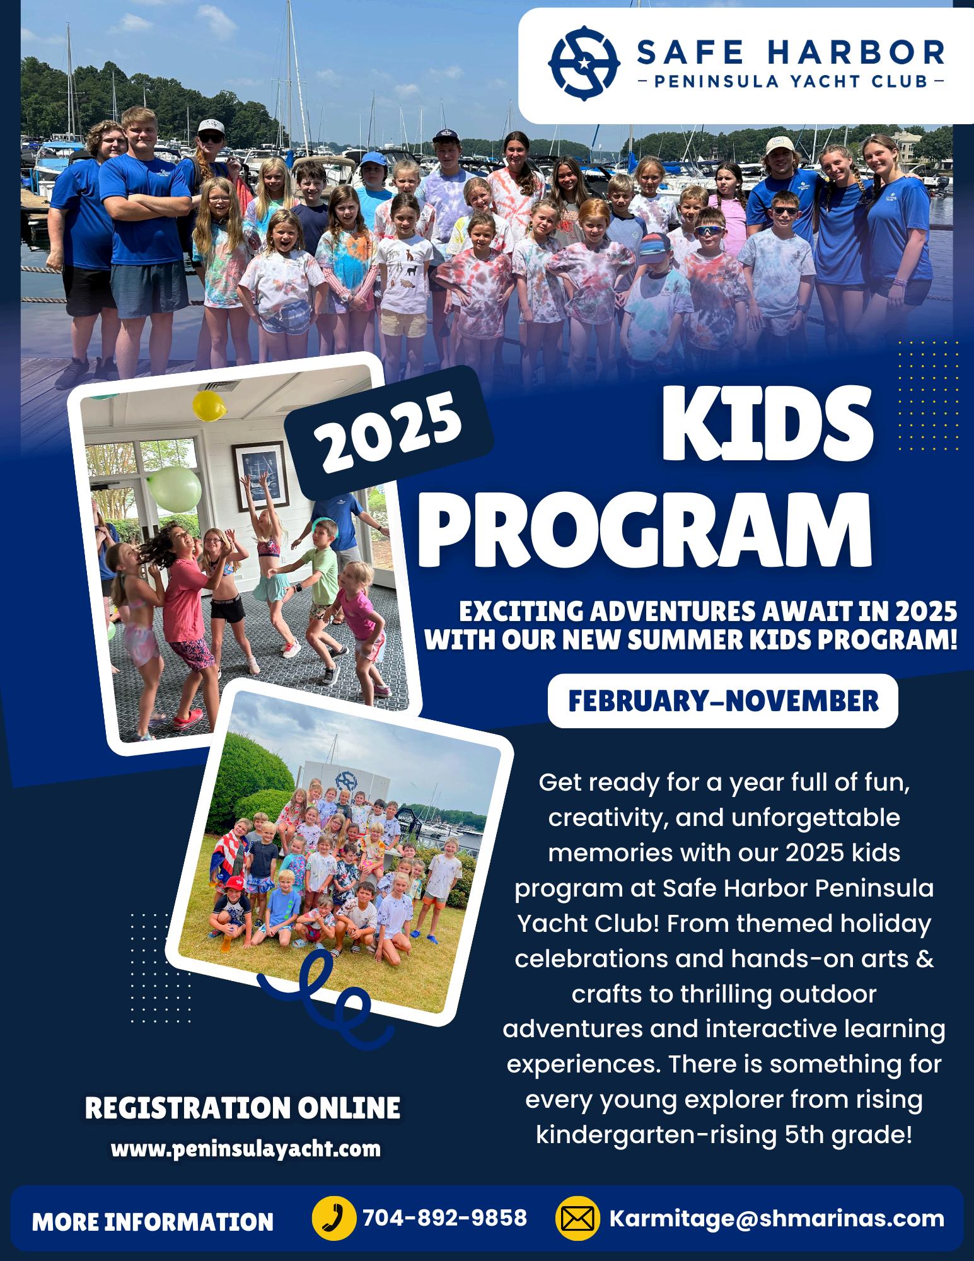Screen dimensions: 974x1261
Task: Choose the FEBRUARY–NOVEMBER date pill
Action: point(723,700)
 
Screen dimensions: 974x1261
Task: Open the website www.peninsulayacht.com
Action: point(246,1149)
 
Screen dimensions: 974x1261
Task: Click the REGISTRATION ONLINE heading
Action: point(243,1108)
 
